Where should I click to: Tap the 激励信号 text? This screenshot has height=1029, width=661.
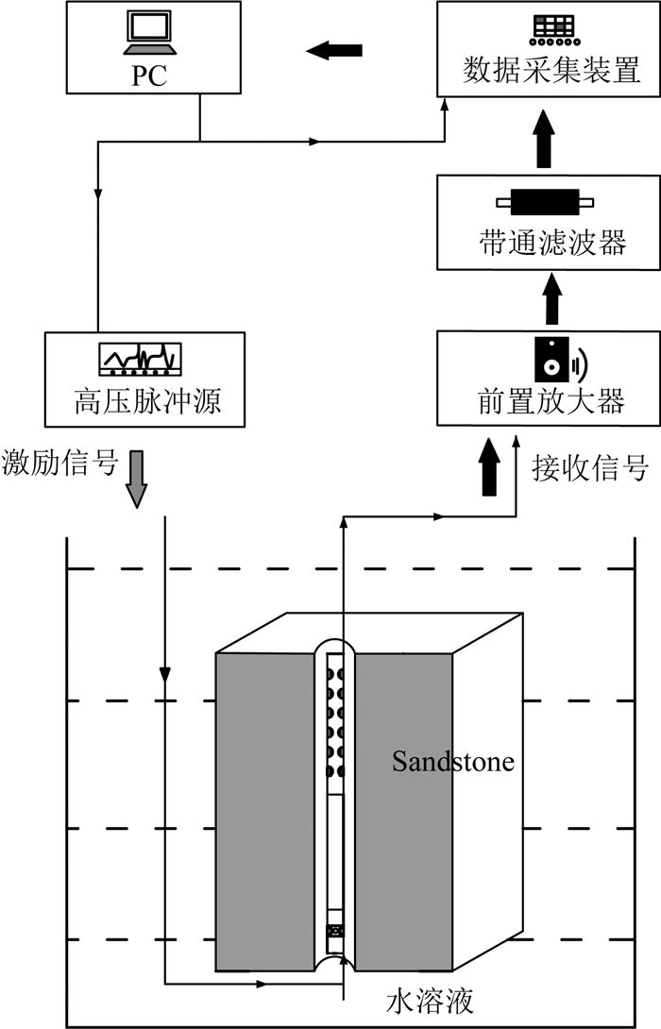pyautogui.click(x=60, y=464)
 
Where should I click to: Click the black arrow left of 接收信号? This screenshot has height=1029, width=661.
pyautogui.click(x=489, y=467)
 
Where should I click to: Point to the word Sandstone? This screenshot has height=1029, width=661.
pyautogui.click(x=453, y=760)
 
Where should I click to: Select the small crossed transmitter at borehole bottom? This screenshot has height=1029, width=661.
pyautogui.click(x=333, y=931)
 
